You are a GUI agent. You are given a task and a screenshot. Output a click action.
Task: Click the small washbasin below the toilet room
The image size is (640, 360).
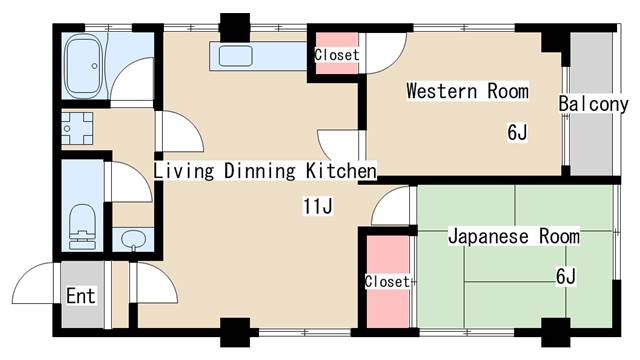tap(134, 240)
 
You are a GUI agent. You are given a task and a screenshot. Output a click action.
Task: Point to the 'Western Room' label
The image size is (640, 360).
tap(467, 92)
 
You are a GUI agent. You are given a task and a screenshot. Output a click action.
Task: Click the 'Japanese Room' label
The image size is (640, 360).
tap(513, 237)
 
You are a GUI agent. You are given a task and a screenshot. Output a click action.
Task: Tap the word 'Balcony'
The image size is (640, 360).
tap(593, 104)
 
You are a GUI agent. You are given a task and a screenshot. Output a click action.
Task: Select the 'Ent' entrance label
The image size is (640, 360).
tap(81, 296)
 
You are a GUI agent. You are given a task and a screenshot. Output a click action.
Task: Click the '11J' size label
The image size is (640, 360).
tap(318, 207)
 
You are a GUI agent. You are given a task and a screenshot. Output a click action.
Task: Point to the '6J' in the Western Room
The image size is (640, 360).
tap(516, 132)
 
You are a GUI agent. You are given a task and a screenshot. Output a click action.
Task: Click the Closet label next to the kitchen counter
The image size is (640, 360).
tap(337, 55)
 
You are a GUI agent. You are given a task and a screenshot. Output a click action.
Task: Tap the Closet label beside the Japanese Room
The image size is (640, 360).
tap(387, 281)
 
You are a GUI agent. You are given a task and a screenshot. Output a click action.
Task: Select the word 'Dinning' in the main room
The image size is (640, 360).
tap(261, 171)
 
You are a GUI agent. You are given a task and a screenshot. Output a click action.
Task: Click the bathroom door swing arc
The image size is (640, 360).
tap(125, 85)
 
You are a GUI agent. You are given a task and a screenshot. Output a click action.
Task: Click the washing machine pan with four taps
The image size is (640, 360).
tap(76, 128)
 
